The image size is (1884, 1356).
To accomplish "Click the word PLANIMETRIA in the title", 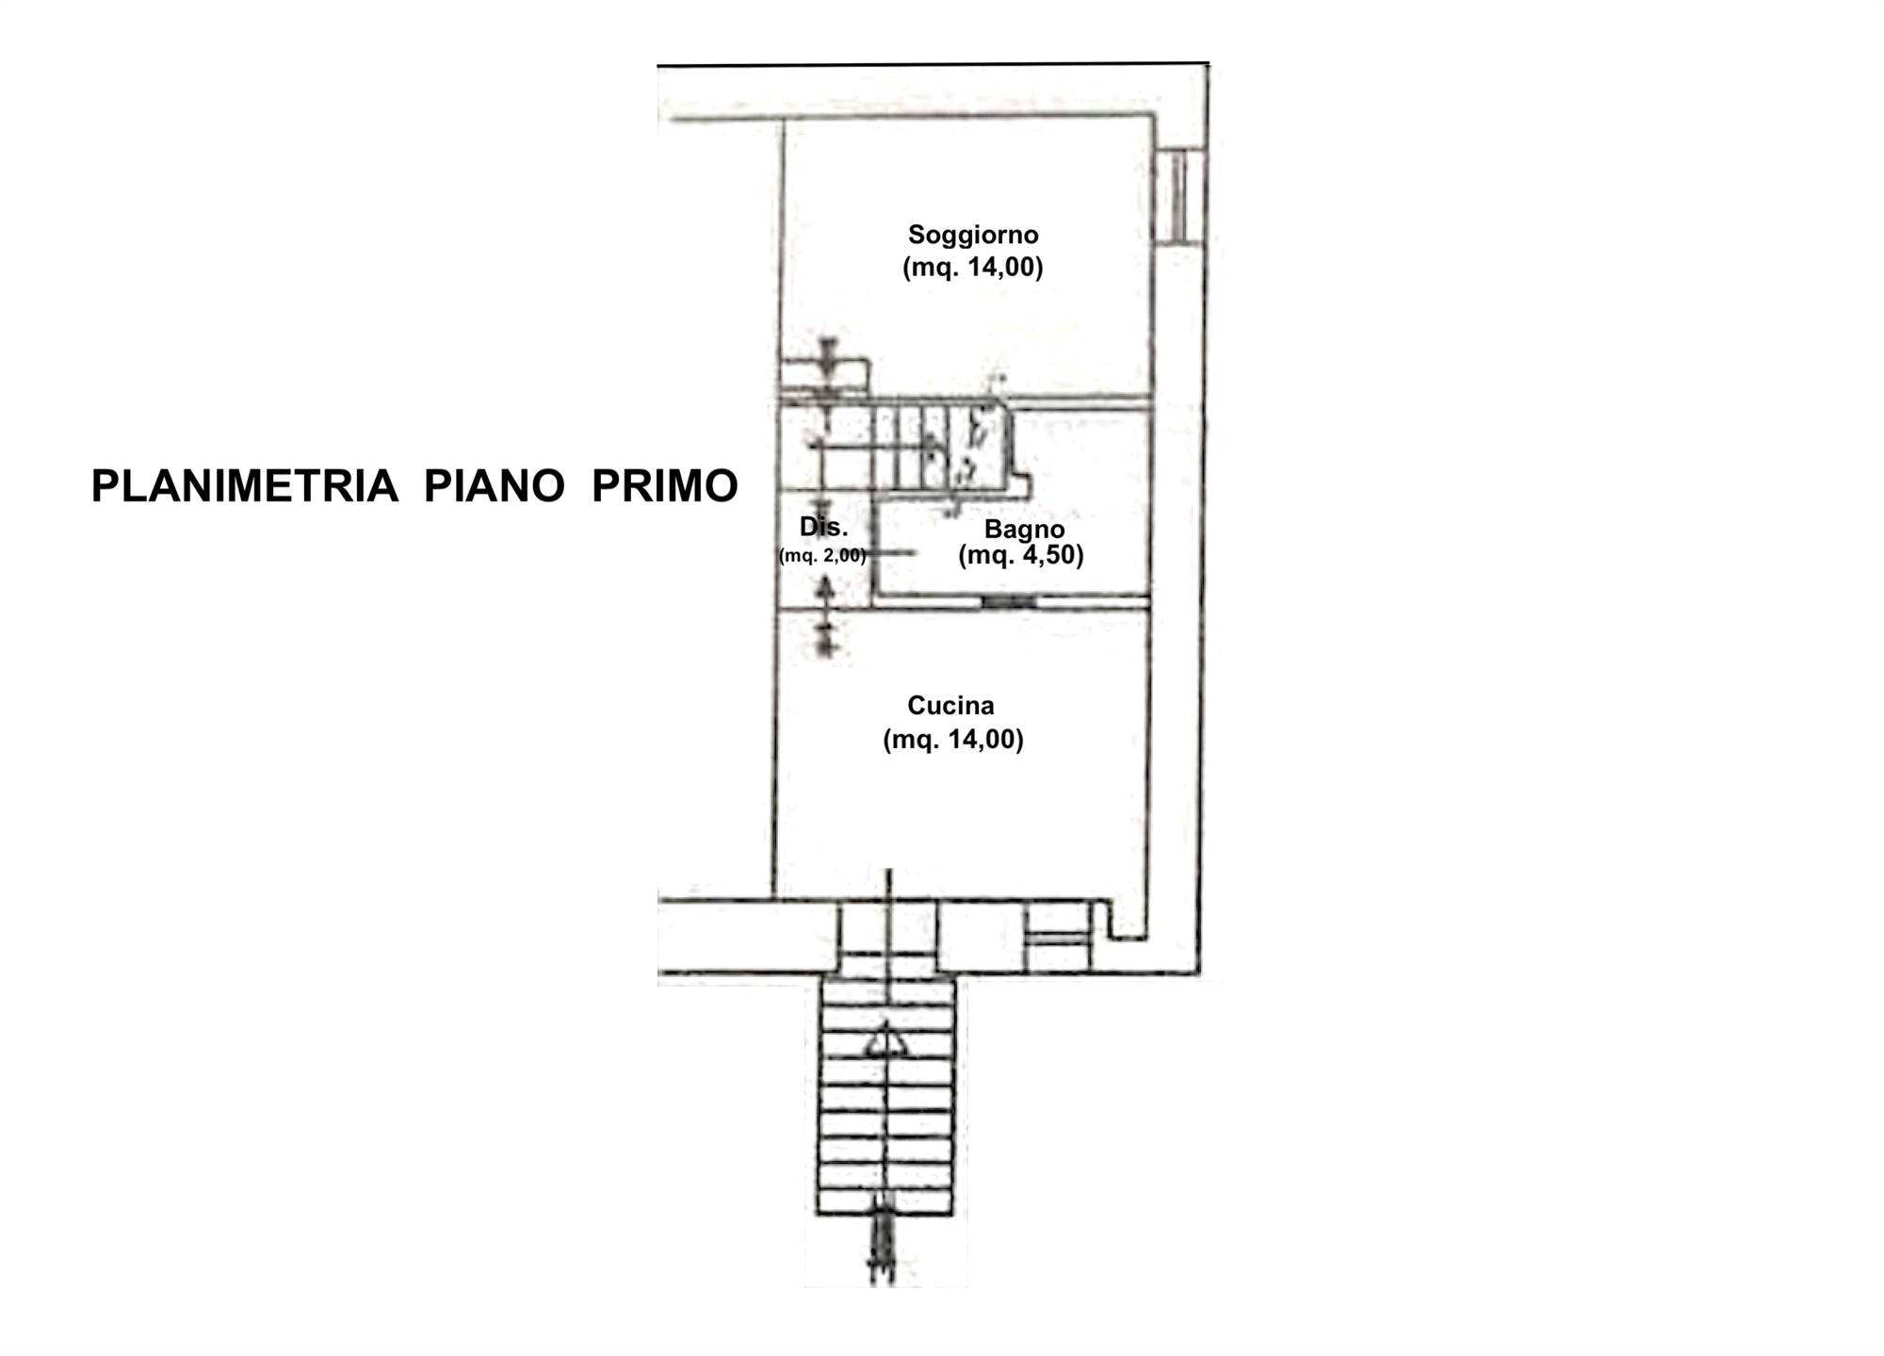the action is (x=244, y=486).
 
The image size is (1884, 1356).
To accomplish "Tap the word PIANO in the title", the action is (x=494, y=486).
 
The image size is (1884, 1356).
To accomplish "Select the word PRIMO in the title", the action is (x=664, y=486).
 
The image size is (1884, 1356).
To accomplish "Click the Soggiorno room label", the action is (x=973, y=235).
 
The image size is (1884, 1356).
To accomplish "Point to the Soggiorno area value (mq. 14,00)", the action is (x=973, y=268).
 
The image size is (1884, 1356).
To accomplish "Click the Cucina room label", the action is (x=950, y=705).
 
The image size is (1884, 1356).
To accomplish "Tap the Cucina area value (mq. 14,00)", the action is (x=953, y=740).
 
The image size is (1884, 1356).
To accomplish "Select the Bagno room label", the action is (x=1024, y=530).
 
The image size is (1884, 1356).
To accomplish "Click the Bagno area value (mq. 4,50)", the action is (x=1021, y=555).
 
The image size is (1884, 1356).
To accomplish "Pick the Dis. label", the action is (x=824, y=527).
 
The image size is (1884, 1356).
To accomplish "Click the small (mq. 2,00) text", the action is (x=822, y=556).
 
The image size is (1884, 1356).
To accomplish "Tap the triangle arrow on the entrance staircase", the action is (x=885, y=1040).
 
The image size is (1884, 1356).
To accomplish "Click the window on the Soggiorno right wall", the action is (x=1178, y=196).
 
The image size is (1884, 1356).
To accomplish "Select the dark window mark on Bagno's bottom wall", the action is (x=1009, y=601).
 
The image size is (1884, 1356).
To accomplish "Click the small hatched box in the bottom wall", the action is (x=1057, y=937).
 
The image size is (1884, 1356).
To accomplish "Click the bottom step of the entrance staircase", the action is (x=885, y=1202).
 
